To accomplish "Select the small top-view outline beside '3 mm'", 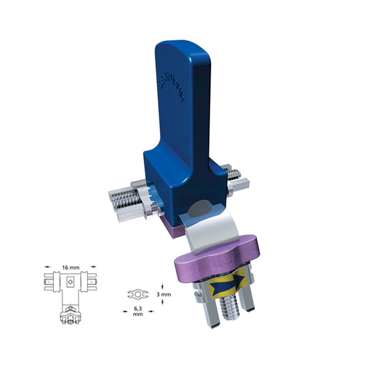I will click(138, 293).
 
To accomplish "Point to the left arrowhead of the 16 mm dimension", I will click(46, 266).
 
